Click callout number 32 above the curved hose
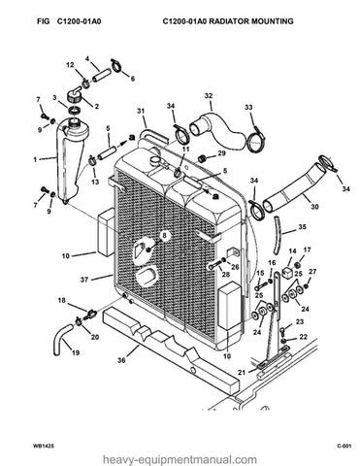point(209,96)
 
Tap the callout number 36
point(121,359)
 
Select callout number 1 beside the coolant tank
point(35,159)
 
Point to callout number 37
point(84,280)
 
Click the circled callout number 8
point(165,235)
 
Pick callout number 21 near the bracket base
point(242,373)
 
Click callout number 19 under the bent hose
point(76,352)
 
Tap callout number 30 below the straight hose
point(314,207)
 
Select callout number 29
point(221,153)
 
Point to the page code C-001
point(344,447)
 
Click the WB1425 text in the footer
point(39,447)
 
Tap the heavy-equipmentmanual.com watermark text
point(180,459)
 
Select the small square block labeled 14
point(287,273)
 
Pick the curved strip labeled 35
point(276,235)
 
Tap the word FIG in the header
point(44,21)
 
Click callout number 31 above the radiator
point(141,111)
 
